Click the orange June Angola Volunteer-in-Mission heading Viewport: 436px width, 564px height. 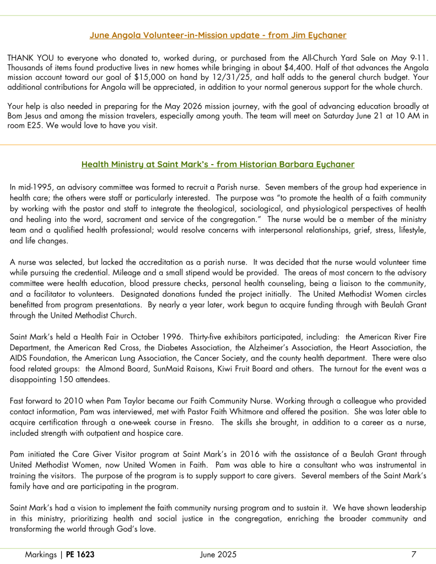pyautogui.click(x=218, y=35)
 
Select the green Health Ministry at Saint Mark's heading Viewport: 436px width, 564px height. pyautogui.click(x=218, y=164)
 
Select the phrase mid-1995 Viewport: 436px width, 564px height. pyautogui.click(x=35, y=187)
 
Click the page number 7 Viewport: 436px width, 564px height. pyautogui.click(x=413, y=555)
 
